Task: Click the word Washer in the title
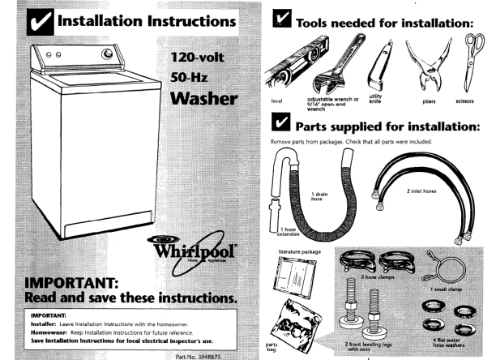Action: [203, 101]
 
